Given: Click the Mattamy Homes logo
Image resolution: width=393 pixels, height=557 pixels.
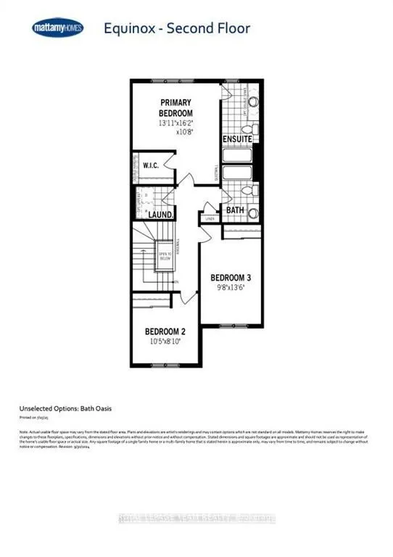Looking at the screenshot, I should [58, 28].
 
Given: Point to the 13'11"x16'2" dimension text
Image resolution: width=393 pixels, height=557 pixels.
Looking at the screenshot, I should [182, 123].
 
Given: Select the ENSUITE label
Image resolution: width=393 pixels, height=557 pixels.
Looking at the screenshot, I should [237, 138].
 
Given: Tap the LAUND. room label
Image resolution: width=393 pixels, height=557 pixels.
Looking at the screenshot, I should [160, 214].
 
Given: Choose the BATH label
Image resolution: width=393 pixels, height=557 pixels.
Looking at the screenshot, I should [234, 210].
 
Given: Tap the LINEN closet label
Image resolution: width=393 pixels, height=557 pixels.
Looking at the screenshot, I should [211, 218].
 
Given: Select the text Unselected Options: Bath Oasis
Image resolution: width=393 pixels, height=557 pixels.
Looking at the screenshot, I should [63, 409].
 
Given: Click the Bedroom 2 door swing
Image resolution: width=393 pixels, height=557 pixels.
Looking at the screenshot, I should [190, 297].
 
